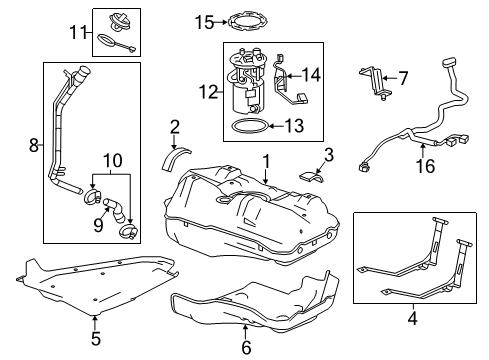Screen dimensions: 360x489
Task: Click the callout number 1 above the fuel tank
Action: point(266,160)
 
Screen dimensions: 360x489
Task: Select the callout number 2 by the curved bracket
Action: point(174,126)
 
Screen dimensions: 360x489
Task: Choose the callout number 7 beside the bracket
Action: point(404,76)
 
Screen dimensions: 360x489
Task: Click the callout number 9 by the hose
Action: point(97,225)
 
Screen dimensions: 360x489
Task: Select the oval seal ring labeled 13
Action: point(246,126)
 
